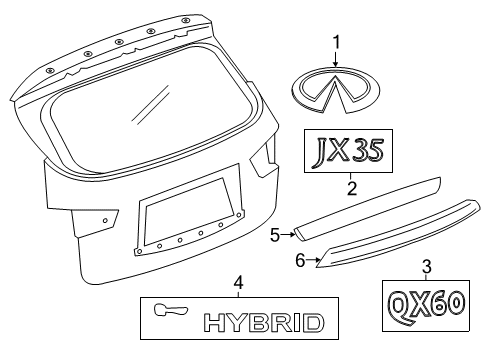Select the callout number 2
click(352, 185)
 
